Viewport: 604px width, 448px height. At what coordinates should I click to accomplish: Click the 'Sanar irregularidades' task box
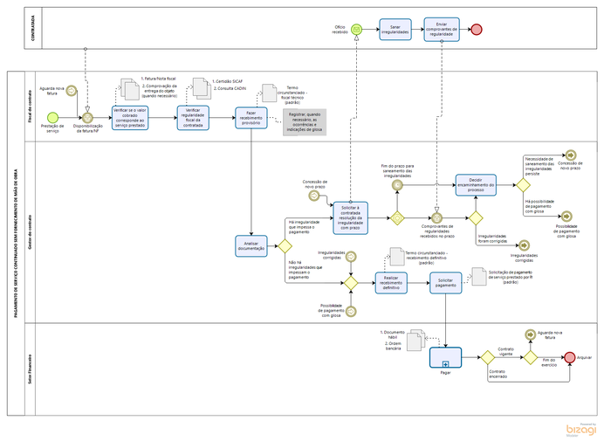(395, 29)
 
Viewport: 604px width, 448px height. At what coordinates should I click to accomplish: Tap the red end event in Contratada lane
(477, 29)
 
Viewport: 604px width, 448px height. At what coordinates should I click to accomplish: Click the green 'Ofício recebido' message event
(356, 29)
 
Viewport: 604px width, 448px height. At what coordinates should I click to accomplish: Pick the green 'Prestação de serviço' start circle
(53, 116)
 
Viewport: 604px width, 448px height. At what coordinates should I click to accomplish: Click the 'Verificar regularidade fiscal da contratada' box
(193, 117)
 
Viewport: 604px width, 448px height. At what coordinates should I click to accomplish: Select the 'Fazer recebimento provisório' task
(251, 117)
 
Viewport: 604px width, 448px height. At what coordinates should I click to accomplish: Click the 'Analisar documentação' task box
(251, 246)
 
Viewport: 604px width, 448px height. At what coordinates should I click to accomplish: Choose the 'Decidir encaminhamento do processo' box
(475, 184)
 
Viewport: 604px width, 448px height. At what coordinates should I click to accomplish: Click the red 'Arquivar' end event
(570, 357)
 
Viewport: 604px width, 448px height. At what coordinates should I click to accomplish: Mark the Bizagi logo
(583, 430)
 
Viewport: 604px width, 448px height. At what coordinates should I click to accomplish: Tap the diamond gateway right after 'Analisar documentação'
(285, 246)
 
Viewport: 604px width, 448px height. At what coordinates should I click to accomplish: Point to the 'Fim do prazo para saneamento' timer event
(397, 184)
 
